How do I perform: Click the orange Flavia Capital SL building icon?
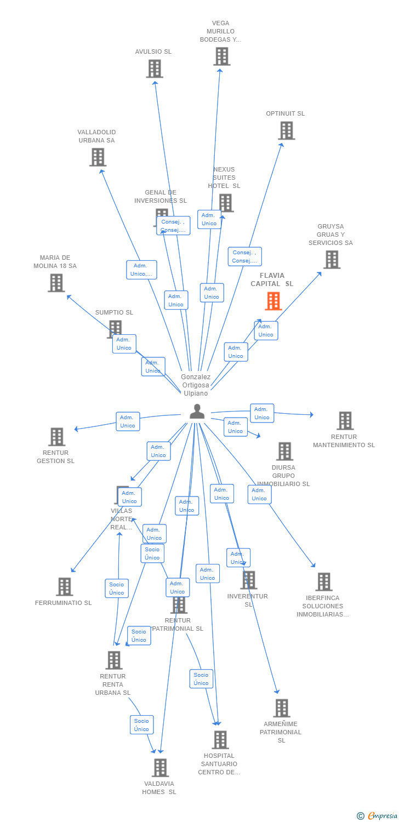pyautogui.click(x=273, y=301)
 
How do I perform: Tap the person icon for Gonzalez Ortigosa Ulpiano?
pyautogui.click(x=197, y=411)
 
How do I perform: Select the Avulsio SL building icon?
pyautogui.click(x=155, y=68)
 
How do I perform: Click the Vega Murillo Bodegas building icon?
pyautogui.click(x=221, y=56)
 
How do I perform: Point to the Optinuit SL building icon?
pyautogui.click(x=286, y=130)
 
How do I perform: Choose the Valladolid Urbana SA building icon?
pyautogui.click(x=98, y=157)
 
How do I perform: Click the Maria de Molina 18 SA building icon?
pyautogui.click(x=56, y=283)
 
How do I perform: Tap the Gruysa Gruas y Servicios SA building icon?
pyautogui.click(x=332, y=259)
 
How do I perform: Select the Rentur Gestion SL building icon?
pyautogui.click(x=56, y=437)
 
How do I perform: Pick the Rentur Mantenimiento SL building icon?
pyautogui.click(x=345, y=420)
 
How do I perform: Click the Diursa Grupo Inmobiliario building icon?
pyautogui.click(x=284, y=451)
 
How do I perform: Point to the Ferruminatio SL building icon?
pyautogui.click(x=64, y=586)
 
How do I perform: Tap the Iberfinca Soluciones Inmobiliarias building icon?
pyautogui.click(x=323, y=581)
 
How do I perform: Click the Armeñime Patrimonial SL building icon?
pyautogui.click(x=281, y=707)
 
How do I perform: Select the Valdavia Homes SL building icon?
pyautogui.click(x=159, y=767)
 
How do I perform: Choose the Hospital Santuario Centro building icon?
pyautogui.click(x=220, y=739)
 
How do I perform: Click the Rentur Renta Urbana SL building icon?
pyautogui.click(x=113, y=660)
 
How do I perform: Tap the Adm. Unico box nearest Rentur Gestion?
pyautogui.click(x=128, y=421)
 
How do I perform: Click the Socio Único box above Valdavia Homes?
pyautogui.click(x=141, y=724)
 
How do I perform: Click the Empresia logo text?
pyautogui.click(x=383, y=816)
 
